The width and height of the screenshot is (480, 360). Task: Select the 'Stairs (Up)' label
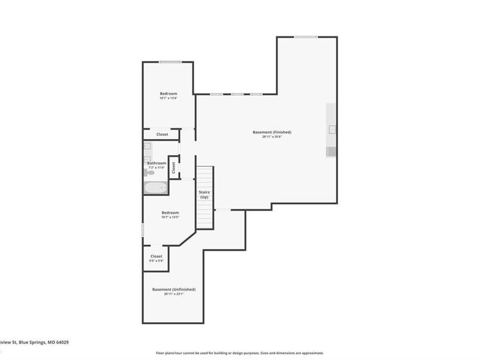204,195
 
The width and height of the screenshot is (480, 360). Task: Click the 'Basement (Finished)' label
272,132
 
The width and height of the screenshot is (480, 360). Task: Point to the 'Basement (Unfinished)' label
174,289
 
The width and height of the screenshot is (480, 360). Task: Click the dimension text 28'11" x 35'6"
272,137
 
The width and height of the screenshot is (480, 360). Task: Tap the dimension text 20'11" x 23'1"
174,294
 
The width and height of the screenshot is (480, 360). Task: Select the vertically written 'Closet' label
173,167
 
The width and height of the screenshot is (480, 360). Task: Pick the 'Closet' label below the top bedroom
162,134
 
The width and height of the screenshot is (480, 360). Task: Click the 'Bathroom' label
156,163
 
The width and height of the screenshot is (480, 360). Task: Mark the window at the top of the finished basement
306,37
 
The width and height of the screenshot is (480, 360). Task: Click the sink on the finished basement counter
332,129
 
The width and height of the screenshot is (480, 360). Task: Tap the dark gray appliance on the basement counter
331,152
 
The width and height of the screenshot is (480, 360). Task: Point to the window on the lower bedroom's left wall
143,230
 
